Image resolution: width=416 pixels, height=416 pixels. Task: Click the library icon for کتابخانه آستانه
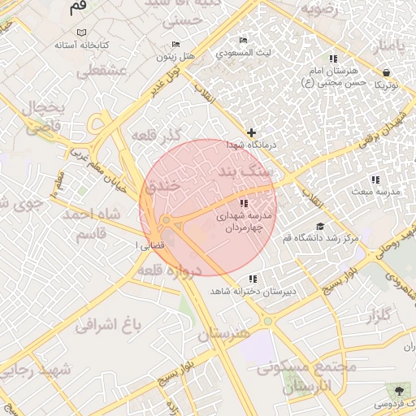tap(79, 32)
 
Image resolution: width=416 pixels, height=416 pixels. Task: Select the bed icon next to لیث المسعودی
tap(242, 41)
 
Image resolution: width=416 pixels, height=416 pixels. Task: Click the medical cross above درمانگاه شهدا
tap(251, 132)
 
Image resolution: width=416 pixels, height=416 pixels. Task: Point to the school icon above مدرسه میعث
tap(375, 180)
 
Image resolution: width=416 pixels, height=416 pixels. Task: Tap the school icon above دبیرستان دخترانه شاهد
tap(253, 279)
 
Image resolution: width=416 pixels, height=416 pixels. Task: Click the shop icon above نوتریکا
tap(385, 72)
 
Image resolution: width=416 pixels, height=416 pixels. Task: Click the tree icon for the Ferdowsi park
tap(398, 391)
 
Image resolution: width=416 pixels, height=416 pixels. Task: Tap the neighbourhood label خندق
tap(162, 187)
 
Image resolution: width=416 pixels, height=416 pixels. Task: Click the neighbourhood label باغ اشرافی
tap(108, 326)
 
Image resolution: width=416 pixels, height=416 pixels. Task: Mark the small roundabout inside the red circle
tap(166, 220)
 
